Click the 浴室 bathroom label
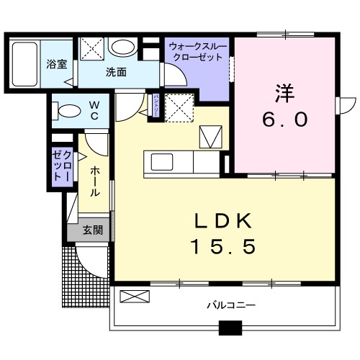[x=57, y=63]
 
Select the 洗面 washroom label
[x=116, y=72]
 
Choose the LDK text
[x=222, y=220]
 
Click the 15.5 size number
[x=222, y=247]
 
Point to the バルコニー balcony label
[x=231, y=305]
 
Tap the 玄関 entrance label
[x=91, y=230]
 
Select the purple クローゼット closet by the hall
[x=61, y=166]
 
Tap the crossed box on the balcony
[x=135, y=296]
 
